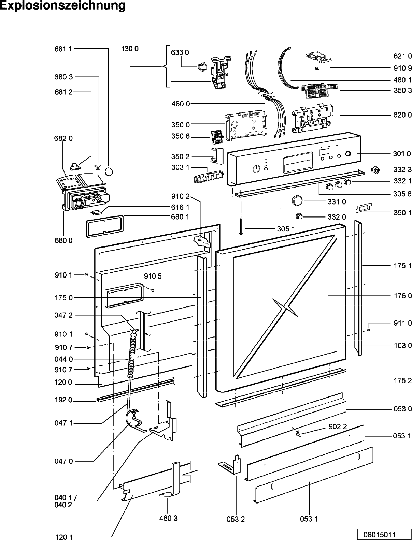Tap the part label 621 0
tap(402, 56)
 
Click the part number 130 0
tap(130, 49)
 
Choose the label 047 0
tap(63, 461)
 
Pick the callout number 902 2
tap(338, 426)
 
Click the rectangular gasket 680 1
tap(105, 226)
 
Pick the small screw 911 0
tap(368, 330)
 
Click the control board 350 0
tap(245, 125)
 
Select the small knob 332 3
tap(375, 170)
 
